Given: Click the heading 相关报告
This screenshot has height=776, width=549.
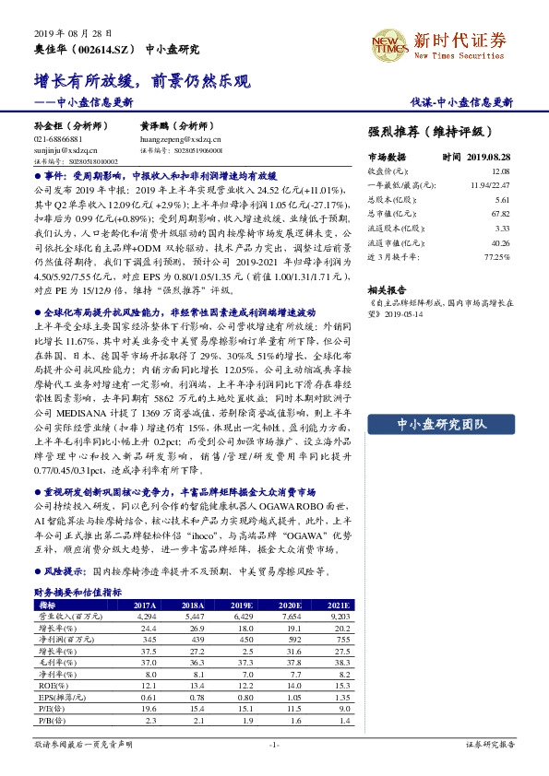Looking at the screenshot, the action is (x=388, y=288).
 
